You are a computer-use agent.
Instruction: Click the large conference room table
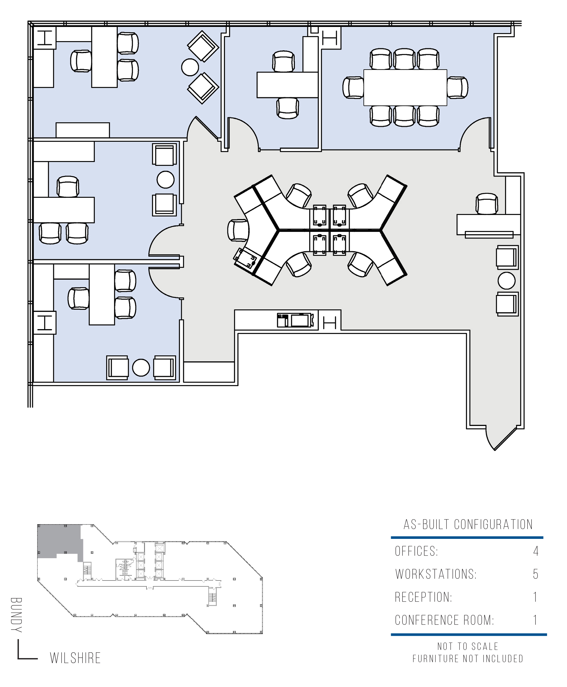pos(405,87)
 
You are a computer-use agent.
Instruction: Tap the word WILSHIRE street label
pos(75,658)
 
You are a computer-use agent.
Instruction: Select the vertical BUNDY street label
pos(16,615)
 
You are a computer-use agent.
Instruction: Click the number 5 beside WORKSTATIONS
pos(535,574)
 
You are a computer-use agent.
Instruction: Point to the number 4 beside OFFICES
pos(536,551)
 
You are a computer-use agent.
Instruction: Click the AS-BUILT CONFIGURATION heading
pos(468,524)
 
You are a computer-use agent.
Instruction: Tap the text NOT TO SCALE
pos(468,646)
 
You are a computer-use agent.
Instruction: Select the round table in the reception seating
pos(507,280)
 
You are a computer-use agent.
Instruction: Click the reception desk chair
pos(487,204)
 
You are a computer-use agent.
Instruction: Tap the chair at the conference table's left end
pos(353,87)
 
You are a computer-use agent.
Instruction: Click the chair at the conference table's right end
pos(457,87)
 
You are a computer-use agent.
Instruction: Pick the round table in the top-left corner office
pos(190,67)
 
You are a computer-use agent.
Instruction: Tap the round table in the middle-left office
pos(165,179)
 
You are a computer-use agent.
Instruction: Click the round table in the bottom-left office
pos(141,368)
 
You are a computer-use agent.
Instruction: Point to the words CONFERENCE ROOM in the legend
pos(444,620)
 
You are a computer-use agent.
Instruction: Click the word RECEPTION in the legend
pos(423,597)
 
